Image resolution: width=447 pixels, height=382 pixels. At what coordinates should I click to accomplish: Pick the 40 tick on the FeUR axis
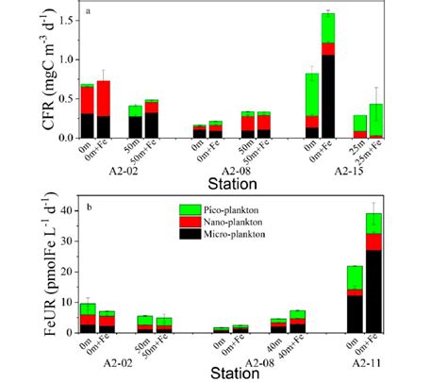64,212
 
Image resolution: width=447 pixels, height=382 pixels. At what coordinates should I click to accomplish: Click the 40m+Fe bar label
298,346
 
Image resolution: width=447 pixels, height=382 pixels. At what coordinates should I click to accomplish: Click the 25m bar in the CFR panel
360,126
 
